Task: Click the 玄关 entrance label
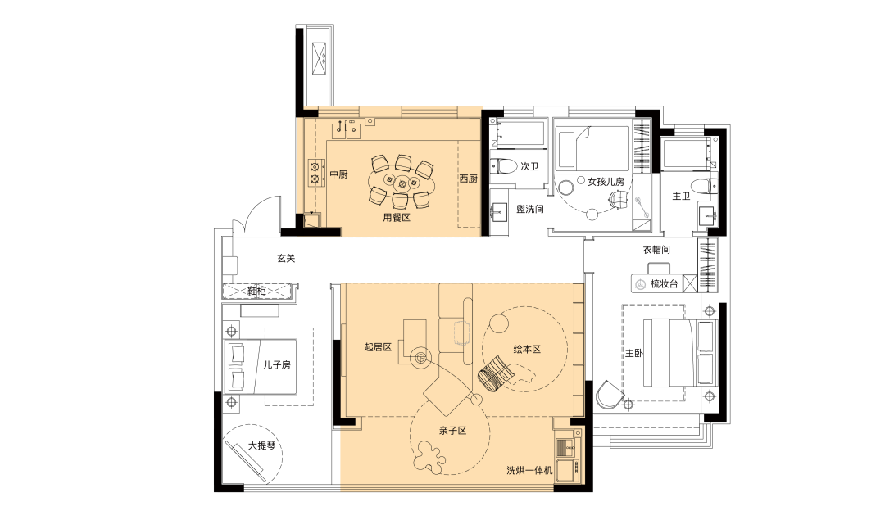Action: coord(286,258)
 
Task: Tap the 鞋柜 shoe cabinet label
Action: coord(256,291)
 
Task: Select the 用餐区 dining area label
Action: coord(397,217)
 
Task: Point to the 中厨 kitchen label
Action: coord(338,174)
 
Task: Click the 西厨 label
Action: coord(468,179)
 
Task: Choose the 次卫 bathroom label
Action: coord(529,166)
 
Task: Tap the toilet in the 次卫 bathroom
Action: coord(503,166)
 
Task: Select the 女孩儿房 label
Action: coord(606,182)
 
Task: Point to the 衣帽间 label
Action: coord(656,249)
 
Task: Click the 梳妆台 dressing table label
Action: coord(665,283)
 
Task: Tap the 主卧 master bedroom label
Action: coord(633,353)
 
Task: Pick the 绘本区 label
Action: coord(527,349)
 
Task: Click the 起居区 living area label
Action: coord(378,347)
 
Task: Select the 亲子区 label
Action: coord(453,430)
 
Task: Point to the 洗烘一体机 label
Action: coord(529,470)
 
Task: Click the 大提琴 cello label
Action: coord(262,445)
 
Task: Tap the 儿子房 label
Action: coord(277,365)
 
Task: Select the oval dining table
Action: coord(402,182)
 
